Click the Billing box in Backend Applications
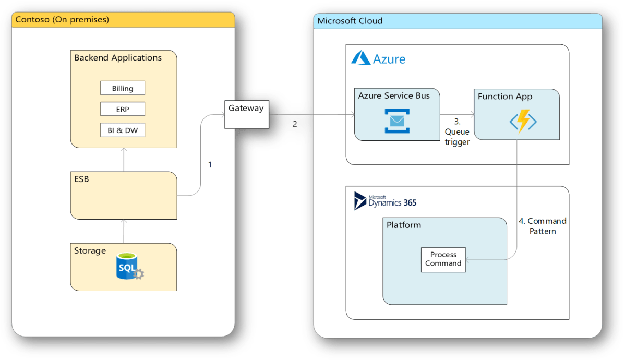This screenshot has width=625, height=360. [123, 88]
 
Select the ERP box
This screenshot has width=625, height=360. [123, 110]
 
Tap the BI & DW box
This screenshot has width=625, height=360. [123, 130]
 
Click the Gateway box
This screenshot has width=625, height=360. [246, 114]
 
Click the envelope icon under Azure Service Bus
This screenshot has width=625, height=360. [397, 121]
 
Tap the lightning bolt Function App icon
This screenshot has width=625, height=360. [523, 122]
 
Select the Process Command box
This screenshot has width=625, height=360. [443, 259]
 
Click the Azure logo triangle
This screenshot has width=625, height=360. [361, 58]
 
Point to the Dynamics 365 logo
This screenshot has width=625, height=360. [385, 201]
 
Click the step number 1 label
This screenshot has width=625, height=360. [210, 164]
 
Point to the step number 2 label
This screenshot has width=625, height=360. [294, 124]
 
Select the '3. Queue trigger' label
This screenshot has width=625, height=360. [457, 131]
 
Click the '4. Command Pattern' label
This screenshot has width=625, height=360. [543, 226]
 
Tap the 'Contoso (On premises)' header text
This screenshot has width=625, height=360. [62, 20]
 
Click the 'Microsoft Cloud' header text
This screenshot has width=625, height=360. [350, 21]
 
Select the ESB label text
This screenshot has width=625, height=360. [81, 179]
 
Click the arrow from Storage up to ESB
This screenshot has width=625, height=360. [124, 231]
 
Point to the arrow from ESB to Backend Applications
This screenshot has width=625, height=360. [124, 159]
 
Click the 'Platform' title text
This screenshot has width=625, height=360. [403, 225]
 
